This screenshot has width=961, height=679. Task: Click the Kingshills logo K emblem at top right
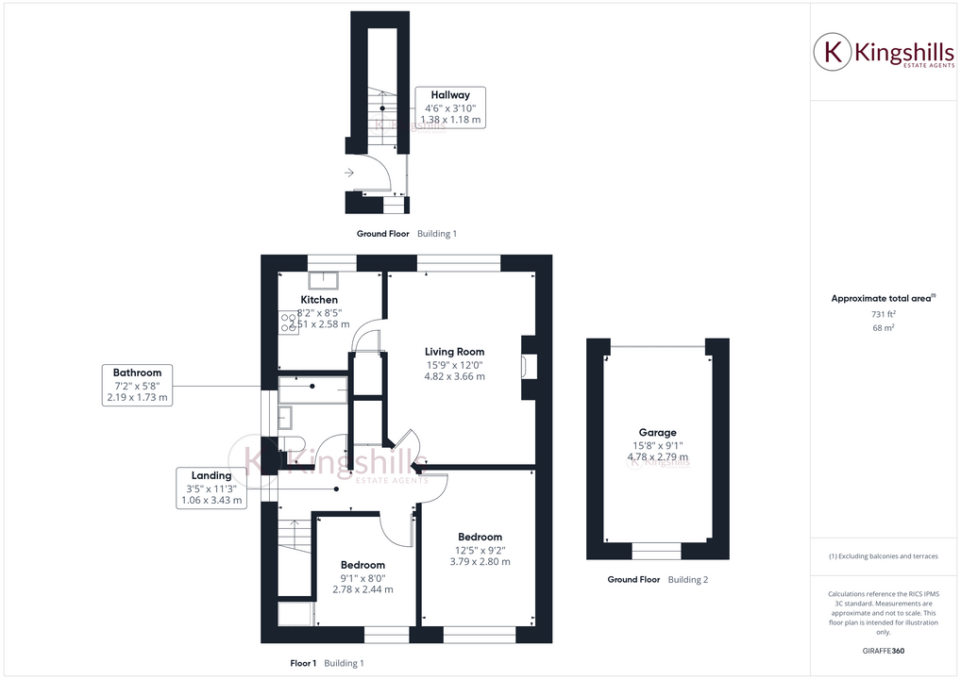click(x=834, y=52)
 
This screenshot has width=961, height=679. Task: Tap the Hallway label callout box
click(x=450, y=108)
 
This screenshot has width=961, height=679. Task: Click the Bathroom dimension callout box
click(x=137, y=386)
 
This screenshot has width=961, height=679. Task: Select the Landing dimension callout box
click(x=211, y=489)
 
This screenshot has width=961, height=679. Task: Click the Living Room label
click(x=454, y=352)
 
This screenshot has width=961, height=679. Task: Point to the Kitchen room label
click(x=319, y=300)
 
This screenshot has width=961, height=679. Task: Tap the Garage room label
click(x=657, y=433)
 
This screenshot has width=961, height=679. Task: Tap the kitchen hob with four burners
click(x=288, y=323)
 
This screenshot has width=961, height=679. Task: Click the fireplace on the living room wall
click(x=529, y=366)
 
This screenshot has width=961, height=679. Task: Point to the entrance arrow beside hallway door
click(x=349, y=173)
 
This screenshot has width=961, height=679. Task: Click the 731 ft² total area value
click(x=883, y=313)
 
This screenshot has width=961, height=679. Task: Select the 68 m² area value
click(x=883, y=327)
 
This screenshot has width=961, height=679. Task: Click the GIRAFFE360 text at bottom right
click(x=883, y=651)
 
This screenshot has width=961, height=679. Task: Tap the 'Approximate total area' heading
click(x=883, y=298)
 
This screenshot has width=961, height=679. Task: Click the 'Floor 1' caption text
click(x=303, y=663)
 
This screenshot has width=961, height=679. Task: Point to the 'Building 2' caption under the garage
click(x=687, y=579)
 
